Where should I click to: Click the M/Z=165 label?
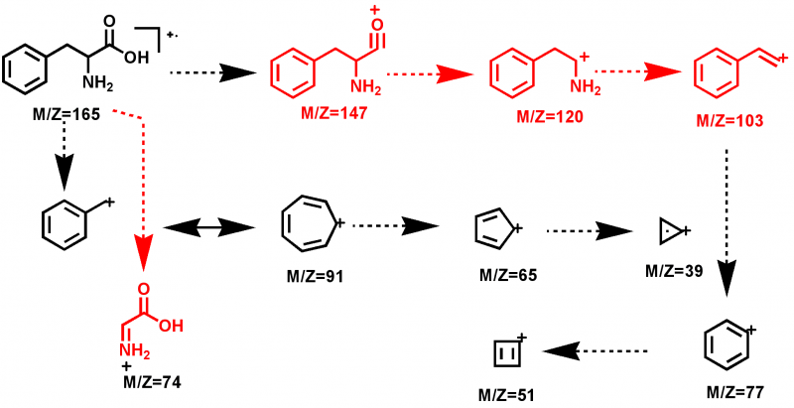(x=66, y=115)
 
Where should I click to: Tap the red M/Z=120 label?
(x=542, y=116)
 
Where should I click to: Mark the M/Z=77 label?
(x=733, y=386)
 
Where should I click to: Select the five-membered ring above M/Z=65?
(x=493, y=232)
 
